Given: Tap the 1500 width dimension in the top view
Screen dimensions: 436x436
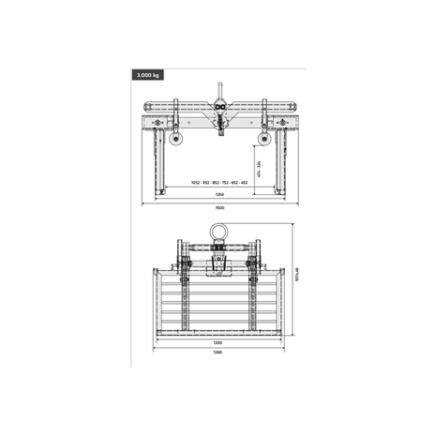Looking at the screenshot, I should (x=218, y=206).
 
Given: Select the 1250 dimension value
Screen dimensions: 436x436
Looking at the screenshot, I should (x=218, y=194).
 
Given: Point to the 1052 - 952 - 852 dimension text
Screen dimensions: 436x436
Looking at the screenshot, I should (x=218, y=182).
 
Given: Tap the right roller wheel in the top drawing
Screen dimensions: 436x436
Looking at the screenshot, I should (x=264, y=139).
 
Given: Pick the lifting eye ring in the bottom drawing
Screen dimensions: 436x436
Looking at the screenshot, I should (x=218, y=230).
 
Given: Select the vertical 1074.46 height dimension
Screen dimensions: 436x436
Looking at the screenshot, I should (x=296, y=277).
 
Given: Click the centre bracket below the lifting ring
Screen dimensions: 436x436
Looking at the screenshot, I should (x=218, y=269).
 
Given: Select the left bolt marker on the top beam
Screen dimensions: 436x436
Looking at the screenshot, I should (x=157, y=122).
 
